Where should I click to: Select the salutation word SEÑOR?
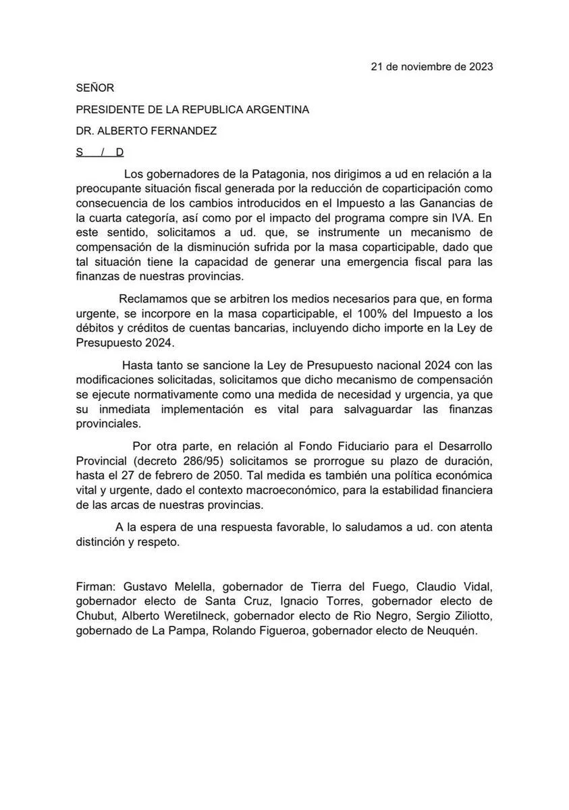(95, 88)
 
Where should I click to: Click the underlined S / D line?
(99, 153)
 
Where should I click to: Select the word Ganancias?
(450, 204)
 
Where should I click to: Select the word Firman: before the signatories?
(97, 587)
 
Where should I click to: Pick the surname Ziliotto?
(464, 616)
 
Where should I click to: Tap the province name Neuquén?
(454, 630)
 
